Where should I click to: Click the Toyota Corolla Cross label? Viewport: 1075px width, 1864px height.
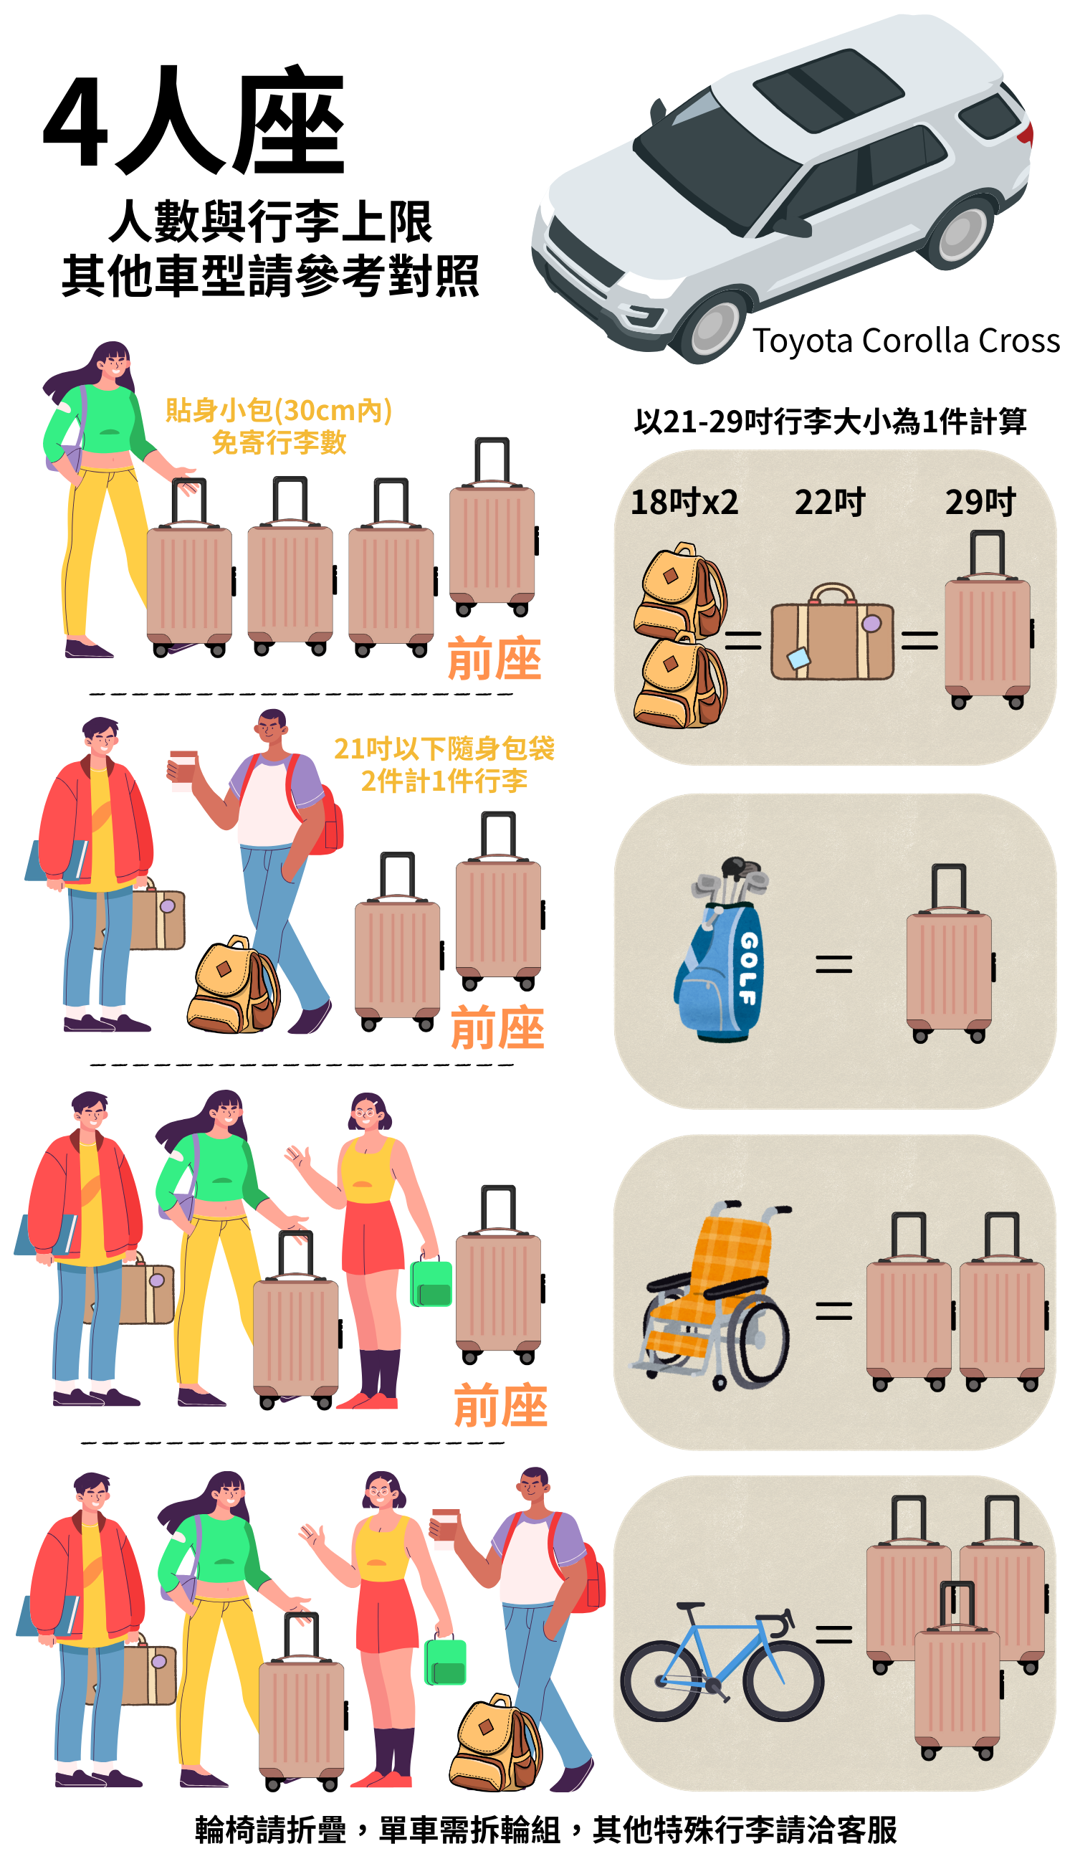[x=905, y=341]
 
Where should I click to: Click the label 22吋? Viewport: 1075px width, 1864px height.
[x=829, y=503]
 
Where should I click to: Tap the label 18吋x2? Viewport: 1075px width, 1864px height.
[x=684, y=503]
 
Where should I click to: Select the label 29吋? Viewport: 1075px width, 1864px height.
[x=980, y=503]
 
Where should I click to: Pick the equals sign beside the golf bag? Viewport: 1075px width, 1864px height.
[x=833, y=963]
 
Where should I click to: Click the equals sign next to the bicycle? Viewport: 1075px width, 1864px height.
[x=833, y=1635]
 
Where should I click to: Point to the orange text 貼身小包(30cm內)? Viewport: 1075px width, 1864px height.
[x=278, y=410]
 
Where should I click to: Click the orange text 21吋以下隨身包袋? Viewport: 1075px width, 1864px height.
[x=444, y=749]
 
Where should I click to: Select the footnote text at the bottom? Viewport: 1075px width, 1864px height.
[x=545, y=1830]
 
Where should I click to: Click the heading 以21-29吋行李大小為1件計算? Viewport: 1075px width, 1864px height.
[x=830, y=422]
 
